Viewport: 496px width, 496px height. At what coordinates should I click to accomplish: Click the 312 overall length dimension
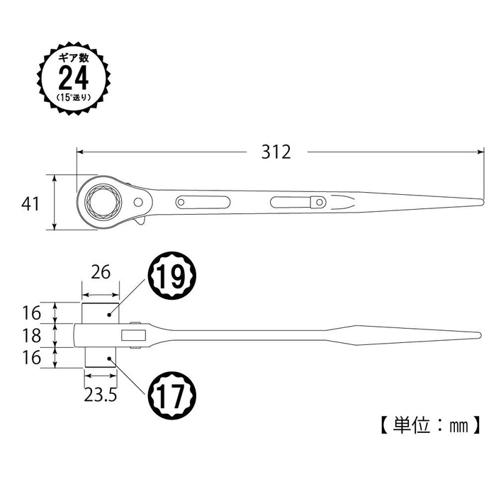(276, 152)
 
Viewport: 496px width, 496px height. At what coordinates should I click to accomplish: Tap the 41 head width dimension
(29, 204)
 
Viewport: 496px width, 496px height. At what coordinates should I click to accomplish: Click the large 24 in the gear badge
(74, 77)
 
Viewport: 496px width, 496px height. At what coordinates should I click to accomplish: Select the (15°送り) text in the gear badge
(74, 98)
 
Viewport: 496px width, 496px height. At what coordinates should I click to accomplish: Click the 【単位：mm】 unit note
(427, 427)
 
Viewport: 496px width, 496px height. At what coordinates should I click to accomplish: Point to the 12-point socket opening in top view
(104, 201)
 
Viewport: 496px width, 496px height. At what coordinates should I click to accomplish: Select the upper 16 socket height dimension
(30, 312)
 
